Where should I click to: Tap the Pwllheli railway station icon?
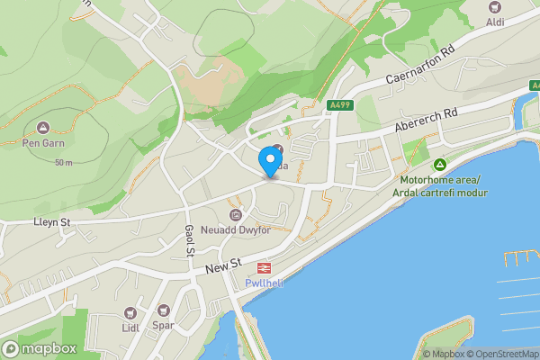265,267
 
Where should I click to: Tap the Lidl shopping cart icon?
129,312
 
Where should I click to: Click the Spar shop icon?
163,312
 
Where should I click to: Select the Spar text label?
163,326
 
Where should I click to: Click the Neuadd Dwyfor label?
235,229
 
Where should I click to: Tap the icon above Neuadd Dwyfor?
236,214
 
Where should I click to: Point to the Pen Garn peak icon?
44,127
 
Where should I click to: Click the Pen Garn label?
44,141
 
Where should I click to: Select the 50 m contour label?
63,163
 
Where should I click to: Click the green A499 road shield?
340,104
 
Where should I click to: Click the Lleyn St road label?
51,221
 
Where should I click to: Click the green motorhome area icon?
440,165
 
